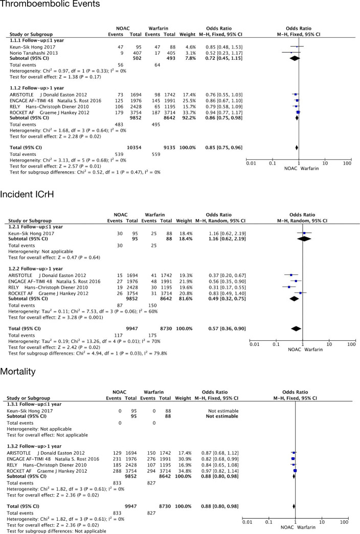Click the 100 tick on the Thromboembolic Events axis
pos(347,164)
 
